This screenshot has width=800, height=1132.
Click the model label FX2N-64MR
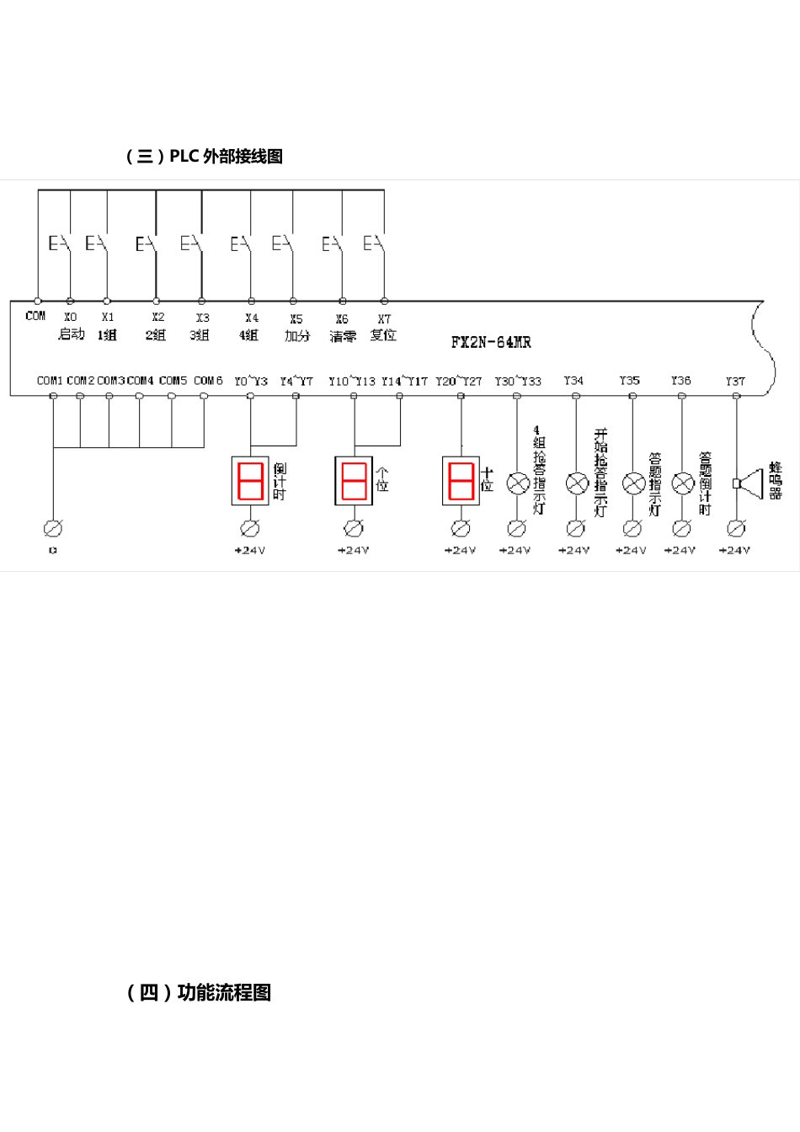(x=491, y=342)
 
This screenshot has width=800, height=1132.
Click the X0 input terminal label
(x=70, y=318)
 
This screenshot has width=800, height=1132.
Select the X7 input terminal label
(x=384, y=319)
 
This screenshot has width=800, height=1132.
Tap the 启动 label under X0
(x=71, y=334)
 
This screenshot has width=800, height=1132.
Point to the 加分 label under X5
(x=296, y=335)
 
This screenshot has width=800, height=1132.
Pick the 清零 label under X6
(x=342, y=336)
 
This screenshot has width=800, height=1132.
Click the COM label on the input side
(x=35, y=316)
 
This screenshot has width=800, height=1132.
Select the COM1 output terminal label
(x=50, y=381)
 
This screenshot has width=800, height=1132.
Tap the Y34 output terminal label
(x=573, y=381)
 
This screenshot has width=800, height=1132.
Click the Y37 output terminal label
(x=735, y=382)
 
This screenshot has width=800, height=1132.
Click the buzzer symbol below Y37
(x=748, y=483)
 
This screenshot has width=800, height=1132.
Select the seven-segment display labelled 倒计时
(x=251, y=481)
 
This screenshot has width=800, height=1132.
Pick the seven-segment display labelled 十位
(x=461, y=481)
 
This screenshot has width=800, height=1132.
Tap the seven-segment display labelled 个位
(x=354, y=481)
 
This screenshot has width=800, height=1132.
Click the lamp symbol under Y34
(x=576, y=483)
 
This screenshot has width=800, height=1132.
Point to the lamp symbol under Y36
(x=682, y=483)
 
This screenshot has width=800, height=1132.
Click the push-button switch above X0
(x=61, y=244)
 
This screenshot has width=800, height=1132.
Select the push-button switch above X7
(x=376, y=244)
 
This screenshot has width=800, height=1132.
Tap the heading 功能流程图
(x=199, y=993)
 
